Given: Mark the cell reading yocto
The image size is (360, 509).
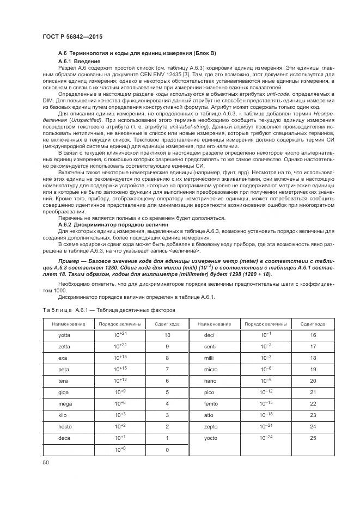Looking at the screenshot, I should (x=210, y=438).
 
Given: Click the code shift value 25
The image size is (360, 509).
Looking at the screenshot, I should (x=313, y=438).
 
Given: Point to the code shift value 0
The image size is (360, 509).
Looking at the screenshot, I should (x=167, y=450).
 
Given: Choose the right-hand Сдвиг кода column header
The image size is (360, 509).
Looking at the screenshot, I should (x=313, y=323).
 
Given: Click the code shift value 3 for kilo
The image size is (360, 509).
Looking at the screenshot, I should (x=167, y=415).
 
